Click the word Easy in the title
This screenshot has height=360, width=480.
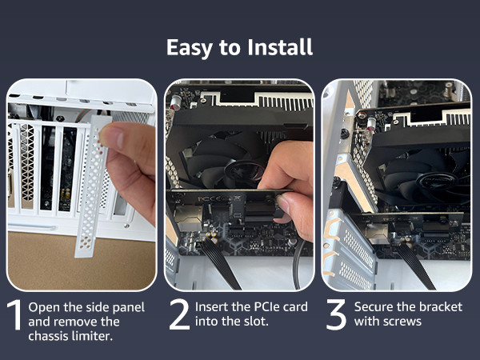[x=190, y=48]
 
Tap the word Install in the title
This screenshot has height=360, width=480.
[x=280, y=47]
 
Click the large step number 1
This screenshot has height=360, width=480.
[x=14, y=315]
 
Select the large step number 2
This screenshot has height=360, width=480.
[x=179, y=314]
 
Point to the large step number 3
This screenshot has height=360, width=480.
[x=336, y=314]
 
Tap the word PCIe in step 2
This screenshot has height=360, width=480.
[x=266, y=307]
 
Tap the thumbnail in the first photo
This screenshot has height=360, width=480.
[x=111, y=137]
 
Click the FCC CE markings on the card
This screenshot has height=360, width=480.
[x=215, y=199]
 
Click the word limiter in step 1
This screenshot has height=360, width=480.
[x=92, y=336]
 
